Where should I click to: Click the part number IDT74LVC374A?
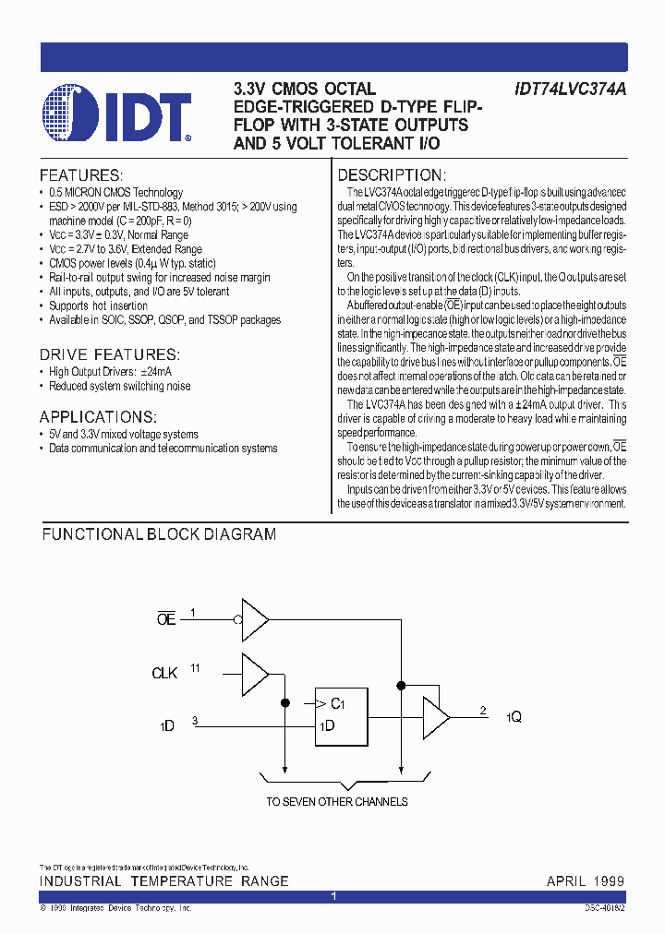click(x=569, y=90)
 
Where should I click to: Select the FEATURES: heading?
click(x=81, y=175)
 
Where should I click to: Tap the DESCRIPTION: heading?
click(x=392, y=175)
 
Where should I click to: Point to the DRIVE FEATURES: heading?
click(x=110, y=354)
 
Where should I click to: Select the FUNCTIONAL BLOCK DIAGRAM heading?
click(x=159, y=534)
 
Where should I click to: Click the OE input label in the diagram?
click(x=166, y=620)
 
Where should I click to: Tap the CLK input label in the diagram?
click(x=164, y=673)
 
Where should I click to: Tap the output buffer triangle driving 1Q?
click(x=435, y=717)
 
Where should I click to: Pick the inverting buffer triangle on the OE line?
click(x=254, y=620)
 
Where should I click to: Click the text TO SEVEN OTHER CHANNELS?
click(x=337, y=802)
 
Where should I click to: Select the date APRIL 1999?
click(x=586, y=881)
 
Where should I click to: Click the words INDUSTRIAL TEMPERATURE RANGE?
click(x=163, y=881)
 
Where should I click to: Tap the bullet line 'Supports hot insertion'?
click(x=98, y=305)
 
